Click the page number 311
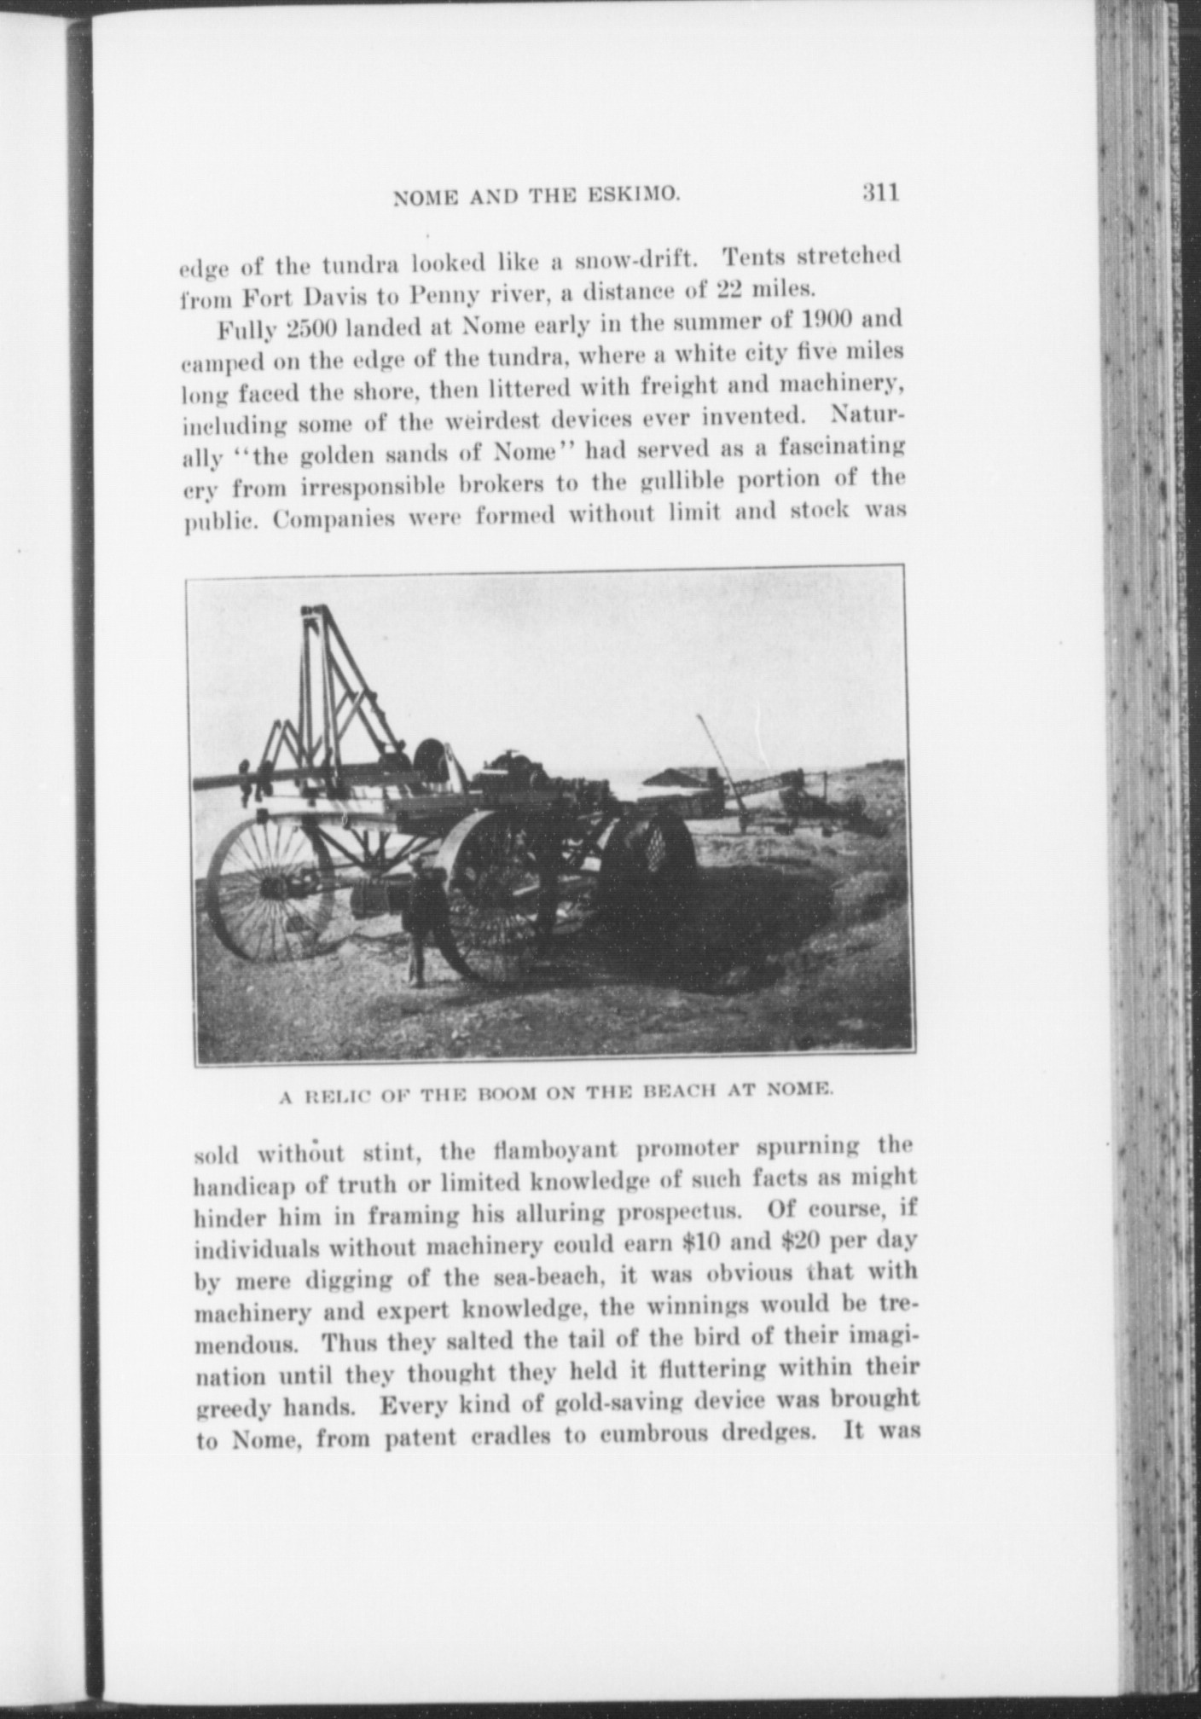point(880,193)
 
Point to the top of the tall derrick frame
point(314,611)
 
